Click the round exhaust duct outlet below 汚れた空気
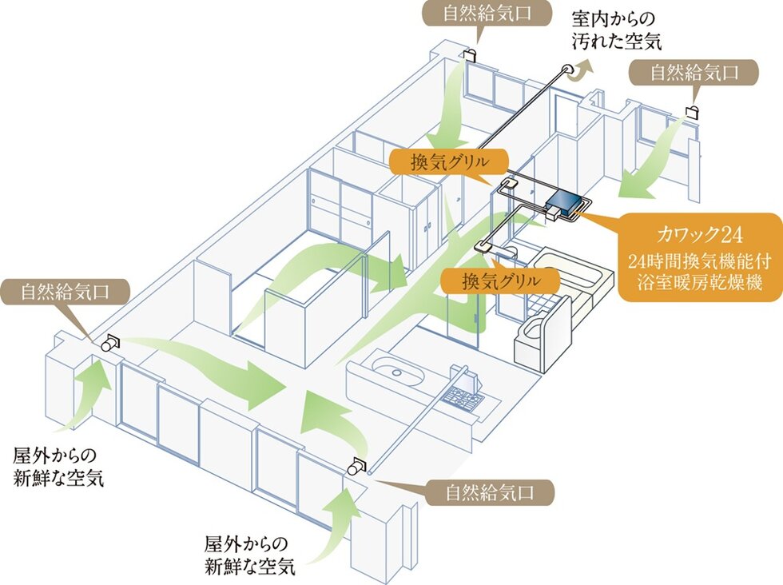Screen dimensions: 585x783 [x=568, y=71]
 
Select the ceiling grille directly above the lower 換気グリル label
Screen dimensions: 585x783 [x=483, y=246]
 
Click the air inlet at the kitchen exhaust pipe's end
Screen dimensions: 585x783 [x=358, y=467]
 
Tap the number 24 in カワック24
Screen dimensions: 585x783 [x=731, y=236]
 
